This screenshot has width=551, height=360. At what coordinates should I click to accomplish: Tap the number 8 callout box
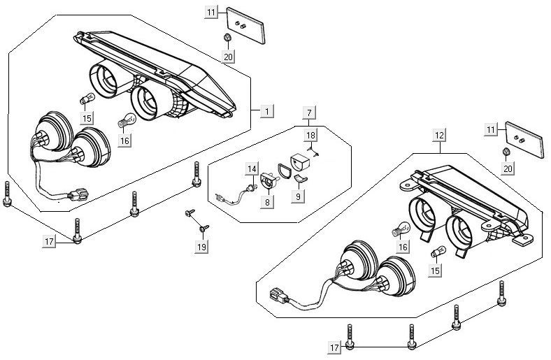266,202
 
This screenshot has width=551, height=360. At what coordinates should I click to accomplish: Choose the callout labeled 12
440,132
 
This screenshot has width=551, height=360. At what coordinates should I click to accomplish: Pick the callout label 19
202,247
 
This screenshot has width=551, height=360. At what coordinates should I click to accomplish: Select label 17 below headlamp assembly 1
49,241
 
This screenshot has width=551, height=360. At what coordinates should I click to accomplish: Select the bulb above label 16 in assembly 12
401,229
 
